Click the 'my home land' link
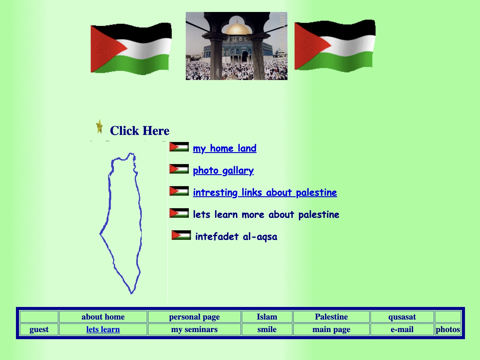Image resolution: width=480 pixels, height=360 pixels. pos(225,148)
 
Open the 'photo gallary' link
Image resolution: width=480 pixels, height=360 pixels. pos(223,170)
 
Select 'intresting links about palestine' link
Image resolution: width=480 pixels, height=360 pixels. pos(265,193)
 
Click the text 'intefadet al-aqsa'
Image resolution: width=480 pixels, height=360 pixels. pos(236,237)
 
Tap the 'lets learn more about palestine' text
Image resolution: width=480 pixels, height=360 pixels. pos(266,215)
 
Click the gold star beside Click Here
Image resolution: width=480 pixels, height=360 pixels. pos(100,127)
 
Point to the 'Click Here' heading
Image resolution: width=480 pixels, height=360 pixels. pos(139,131)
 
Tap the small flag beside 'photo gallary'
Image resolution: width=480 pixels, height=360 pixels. pos(179,169)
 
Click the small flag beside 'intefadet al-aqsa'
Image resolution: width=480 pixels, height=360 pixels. pos(181,235)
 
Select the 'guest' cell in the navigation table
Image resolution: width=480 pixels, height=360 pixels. pos(39,329)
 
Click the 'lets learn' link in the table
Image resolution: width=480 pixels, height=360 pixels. pos(103,329)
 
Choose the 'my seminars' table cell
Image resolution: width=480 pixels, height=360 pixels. pos(194,329)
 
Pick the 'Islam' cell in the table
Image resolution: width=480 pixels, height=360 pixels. pos(267,317)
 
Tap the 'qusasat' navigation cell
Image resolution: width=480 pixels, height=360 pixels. pos(402,317)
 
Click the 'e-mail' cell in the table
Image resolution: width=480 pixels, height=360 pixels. pos(402,329)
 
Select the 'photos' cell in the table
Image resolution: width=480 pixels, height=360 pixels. pos(448,329)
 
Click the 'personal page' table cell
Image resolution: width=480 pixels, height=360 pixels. pos(194,317)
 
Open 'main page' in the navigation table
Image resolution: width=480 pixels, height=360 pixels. pos(331,329)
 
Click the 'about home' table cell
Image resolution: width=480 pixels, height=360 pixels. pos(103,317)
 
